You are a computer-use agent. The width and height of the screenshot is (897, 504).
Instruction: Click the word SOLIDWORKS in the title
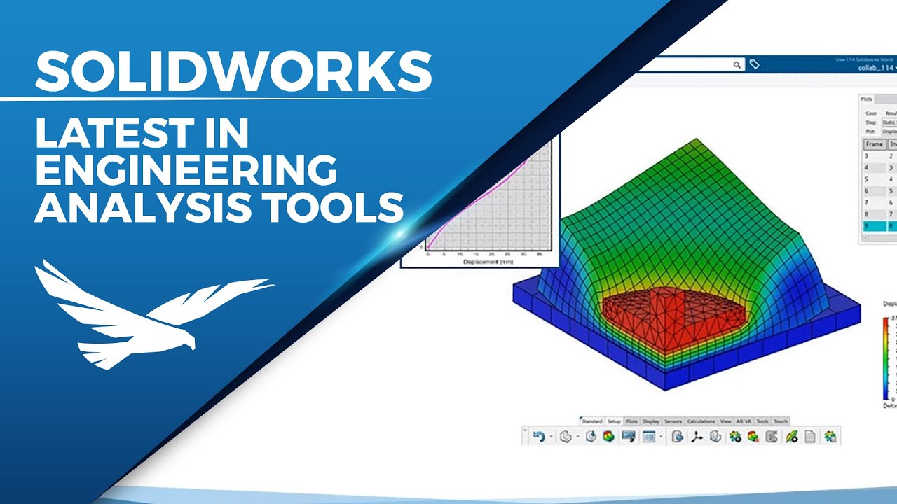click(x=233, y=71)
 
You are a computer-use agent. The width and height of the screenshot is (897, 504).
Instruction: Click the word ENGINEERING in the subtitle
click(x=186, y=170)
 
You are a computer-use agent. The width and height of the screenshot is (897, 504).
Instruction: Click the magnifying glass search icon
click(x=737, y=64)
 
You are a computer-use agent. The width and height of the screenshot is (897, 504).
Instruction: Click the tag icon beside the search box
click(x=754, y=64)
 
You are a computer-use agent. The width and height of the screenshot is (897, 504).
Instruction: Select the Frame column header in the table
click(x=873, y=144)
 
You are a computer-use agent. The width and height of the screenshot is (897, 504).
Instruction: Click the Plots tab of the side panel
click(x=867, y=99)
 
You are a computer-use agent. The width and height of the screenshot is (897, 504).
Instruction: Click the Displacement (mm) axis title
click(x=488, y=262)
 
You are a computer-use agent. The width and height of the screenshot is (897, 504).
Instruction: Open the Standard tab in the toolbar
click(x=591, y=421)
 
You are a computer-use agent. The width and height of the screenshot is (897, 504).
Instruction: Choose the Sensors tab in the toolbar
click(x=673, y=421)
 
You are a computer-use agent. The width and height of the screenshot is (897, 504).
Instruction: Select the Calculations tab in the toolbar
click(x=701, y=421)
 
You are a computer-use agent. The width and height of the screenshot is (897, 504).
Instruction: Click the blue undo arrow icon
click(x=539, y=437)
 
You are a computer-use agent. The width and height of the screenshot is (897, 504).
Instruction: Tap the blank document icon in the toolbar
click(x=809, y=437)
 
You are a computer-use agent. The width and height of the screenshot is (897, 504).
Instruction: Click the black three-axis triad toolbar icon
click(x=697, y=437)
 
